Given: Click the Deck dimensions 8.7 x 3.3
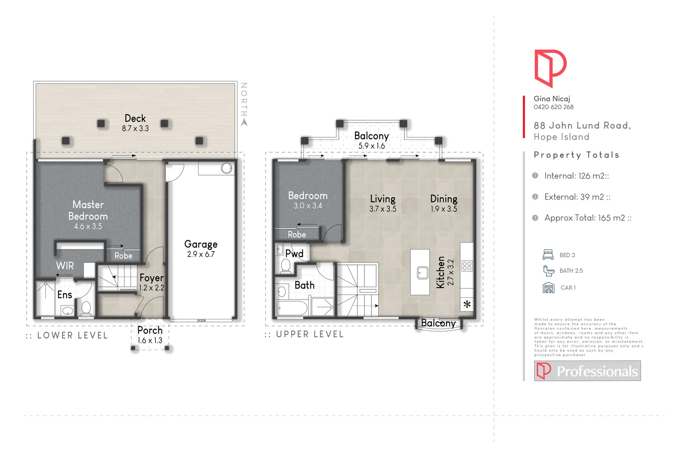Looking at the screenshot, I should click(x=135, y=128).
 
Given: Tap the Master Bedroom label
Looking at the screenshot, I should click(x=88, y=210).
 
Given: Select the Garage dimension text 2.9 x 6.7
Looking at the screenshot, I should click(x=201, y=254).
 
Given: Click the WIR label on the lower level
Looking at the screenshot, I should click(x=65, y=266).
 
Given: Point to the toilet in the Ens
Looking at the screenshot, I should click(x=86, y=308).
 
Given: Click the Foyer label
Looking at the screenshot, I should click(x=151, y=278).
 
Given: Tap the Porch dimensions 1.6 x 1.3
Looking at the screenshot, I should click(x=150, y=340).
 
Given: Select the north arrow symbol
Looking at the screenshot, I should click(x=244, y=122).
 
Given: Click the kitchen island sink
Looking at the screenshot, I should click(x=423, y=273).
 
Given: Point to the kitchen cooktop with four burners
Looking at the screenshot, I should click(x=467, y=266).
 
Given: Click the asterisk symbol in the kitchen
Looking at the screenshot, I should click(x=467, y=305).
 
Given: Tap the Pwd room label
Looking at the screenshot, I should click(x=295, y=254).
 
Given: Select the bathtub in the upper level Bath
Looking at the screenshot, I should click(x=292, y=308).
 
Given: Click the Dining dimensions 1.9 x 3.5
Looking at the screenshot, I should click(x=444, y=209).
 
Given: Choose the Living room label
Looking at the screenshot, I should click(x=383, y=199).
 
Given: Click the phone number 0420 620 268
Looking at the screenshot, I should click(x=553, y=107).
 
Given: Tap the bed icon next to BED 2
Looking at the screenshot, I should click(x=548, y=255).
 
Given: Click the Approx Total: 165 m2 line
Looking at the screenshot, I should click(x=587, y=218).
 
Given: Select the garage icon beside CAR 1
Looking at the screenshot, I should click(x=548, y=288).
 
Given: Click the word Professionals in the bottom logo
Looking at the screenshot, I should click(x=597, y=371).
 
